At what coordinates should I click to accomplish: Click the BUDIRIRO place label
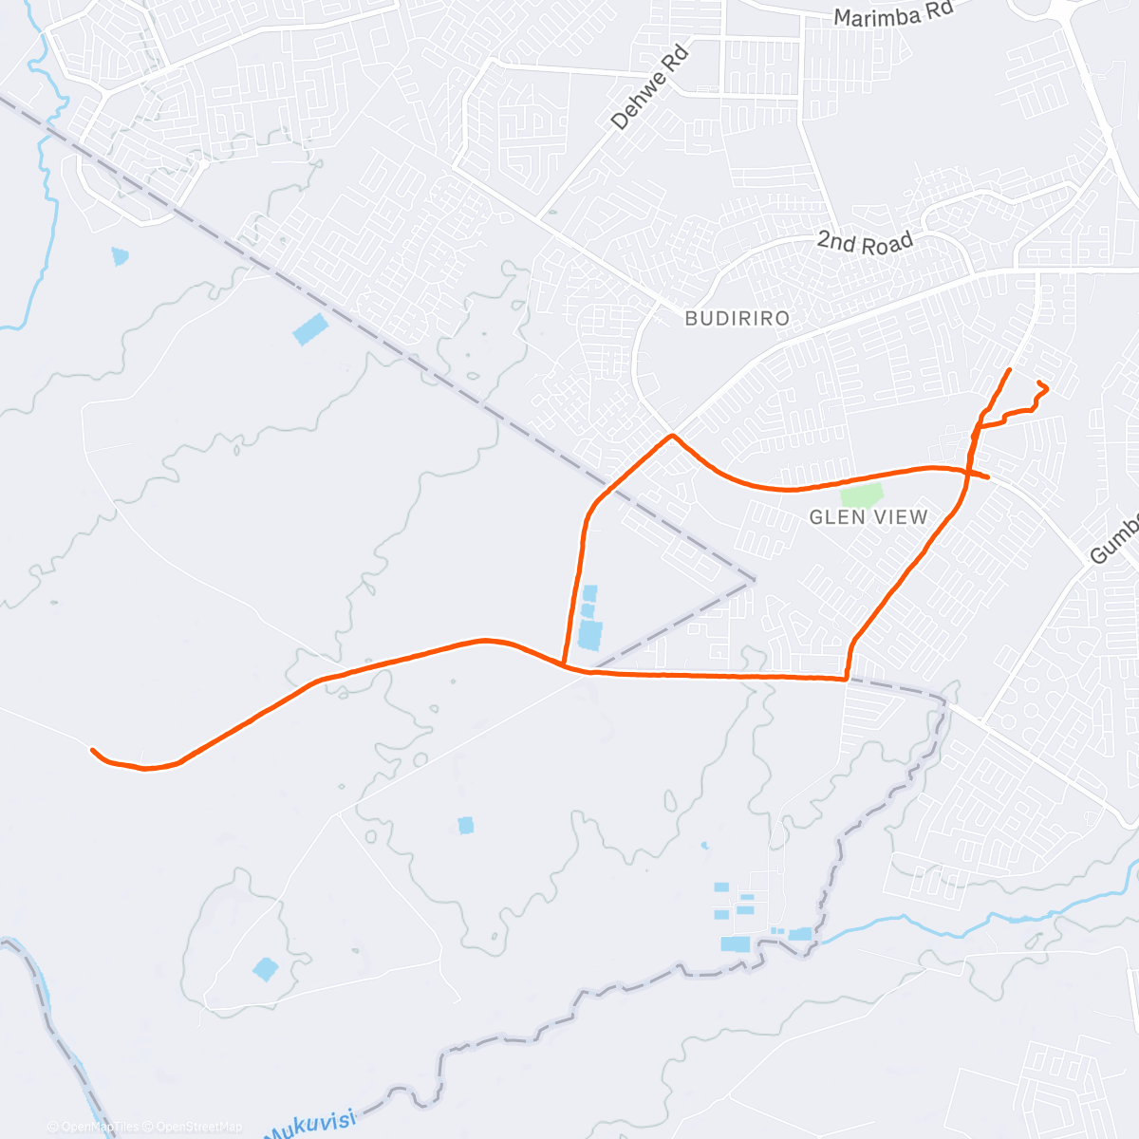click(x=737, y=319)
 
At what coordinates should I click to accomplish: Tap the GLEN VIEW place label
click(x=868, y=517)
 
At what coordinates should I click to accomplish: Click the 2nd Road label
click(x=865, y=243)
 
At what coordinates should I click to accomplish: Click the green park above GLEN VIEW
click(x=862, y=495)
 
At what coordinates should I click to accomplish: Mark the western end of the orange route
click(x=92, y=750)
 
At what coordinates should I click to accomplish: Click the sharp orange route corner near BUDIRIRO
click(x=672, y=436)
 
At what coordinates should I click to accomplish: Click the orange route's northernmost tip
click(x=1009, y=369)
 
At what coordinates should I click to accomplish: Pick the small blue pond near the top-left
click(x=120, y=255)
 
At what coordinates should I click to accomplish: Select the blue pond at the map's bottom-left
click(x=266, y=969)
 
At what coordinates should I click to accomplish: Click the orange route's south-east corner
click(x=846, y=679)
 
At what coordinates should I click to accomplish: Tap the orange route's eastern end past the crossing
click(x=988, y=476)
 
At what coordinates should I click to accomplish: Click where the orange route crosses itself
click(x=965, y=470)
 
